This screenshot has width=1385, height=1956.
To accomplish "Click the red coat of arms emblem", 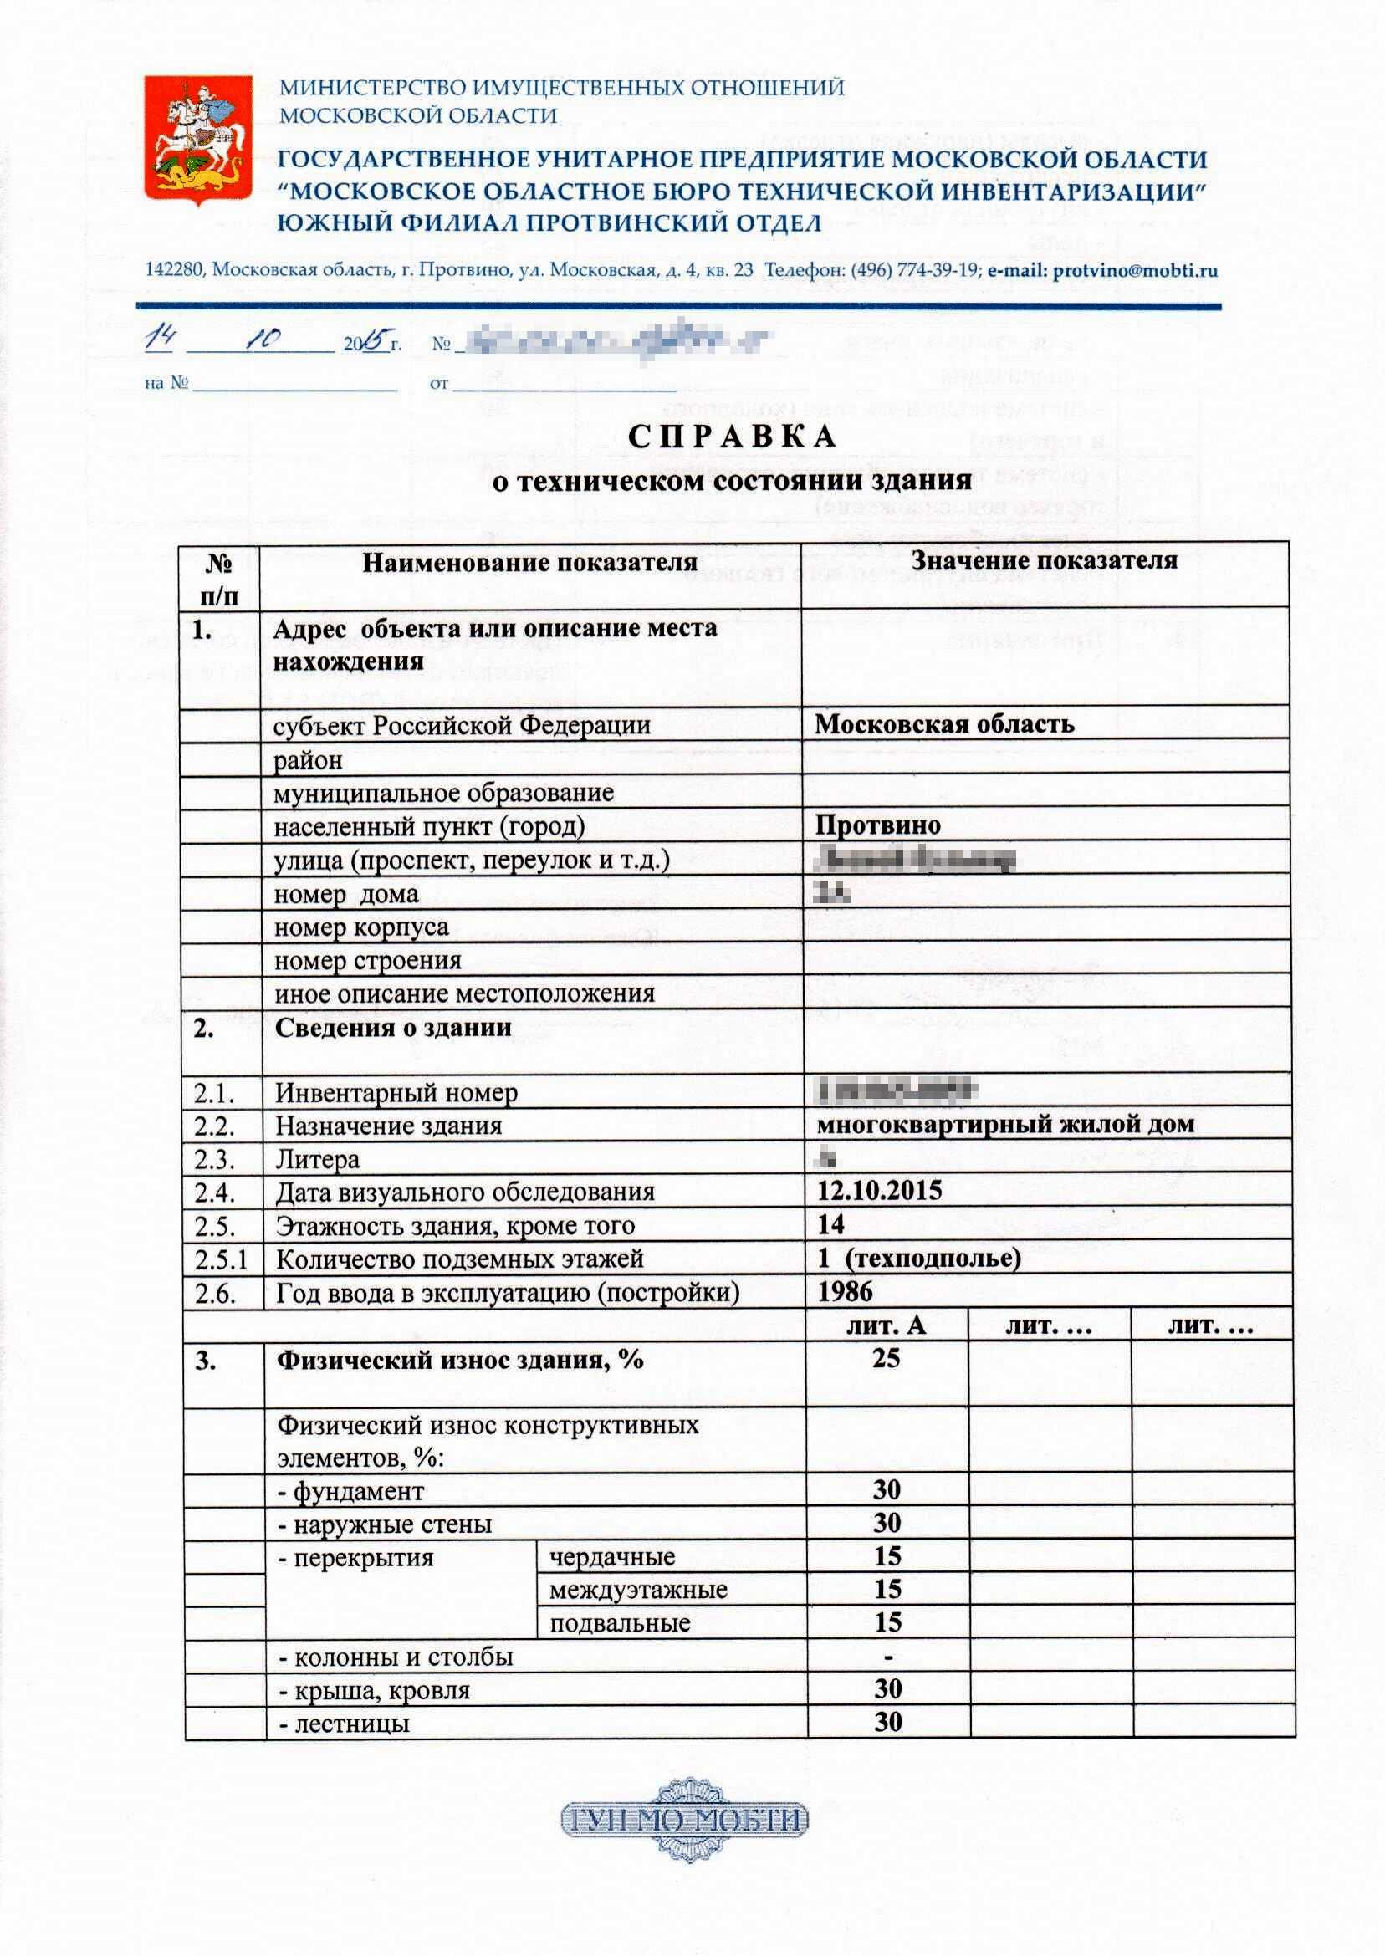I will [x=198, y=140].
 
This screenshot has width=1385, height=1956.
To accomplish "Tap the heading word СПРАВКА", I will [x=733, y=437].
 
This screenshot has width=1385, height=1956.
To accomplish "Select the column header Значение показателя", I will [x=1044, y=560].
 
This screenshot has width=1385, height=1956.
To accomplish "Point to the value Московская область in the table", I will [x=944, y=724].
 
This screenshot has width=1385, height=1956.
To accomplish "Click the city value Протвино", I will [x=877, y=825].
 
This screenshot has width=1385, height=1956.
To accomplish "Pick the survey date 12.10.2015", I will [x=879, y=1191].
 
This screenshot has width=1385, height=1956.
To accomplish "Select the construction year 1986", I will [x=846, y=1292].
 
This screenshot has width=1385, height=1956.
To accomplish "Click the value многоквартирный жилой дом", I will [x=1005, y=1124].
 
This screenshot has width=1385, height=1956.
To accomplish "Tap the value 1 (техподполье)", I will [x=918, y=1259].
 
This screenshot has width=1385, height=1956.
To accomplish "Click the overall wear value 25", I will [x=886, y=1357].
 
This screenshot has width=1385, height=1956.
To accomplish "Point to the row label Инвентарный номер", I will [x=396, y=1092].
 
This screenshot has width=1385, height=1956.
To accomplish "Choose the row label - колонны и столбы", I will [x=396, y=1657].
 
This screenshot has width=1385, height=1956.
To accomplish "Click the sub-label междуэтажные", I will [x=638, y=1591].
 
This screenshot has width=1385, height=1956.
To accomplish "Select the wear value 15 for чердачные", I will [x=888, y=1556].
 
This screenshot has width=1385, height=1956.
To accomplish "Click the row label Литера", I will [x=317, y=1160].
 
